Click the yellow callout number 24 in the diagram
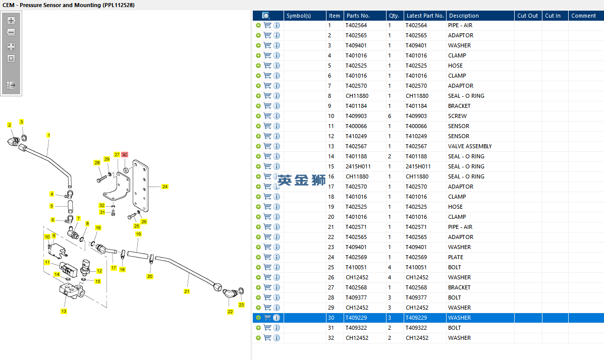(x=164, y=187)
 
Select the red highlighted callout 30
(x=125, y=155)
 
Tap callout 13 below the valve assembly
(x=64, y=311)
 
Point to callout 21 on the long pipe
(x=187, y=291)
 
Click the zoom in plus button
(x=11, y=21)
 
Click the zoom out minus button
(x=11, y=32)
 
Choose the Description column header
(x=464, y=16)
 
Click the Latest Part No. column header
(x=425, y=16)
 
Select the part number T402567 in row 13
(x=356, y=146)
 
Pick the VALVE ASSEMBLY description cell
(x=470, y=146)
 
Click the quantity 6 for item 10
(x=390, y=116)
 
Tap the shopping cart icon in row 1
(x=267, y=25)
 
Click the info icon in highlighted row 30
(x=277, y=318)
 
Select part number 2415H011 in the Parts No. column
(x=358, y=166)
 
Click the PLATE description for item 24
(x=455, y=257)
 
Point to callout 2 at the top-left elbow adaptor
(x=9, y=125)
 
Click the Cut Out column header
(x=527, y=16)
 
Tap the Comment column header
(x=583, y=16)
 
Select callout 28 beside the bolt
(x=97, y=162)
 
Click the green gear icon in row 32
(x=258, y=338)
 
